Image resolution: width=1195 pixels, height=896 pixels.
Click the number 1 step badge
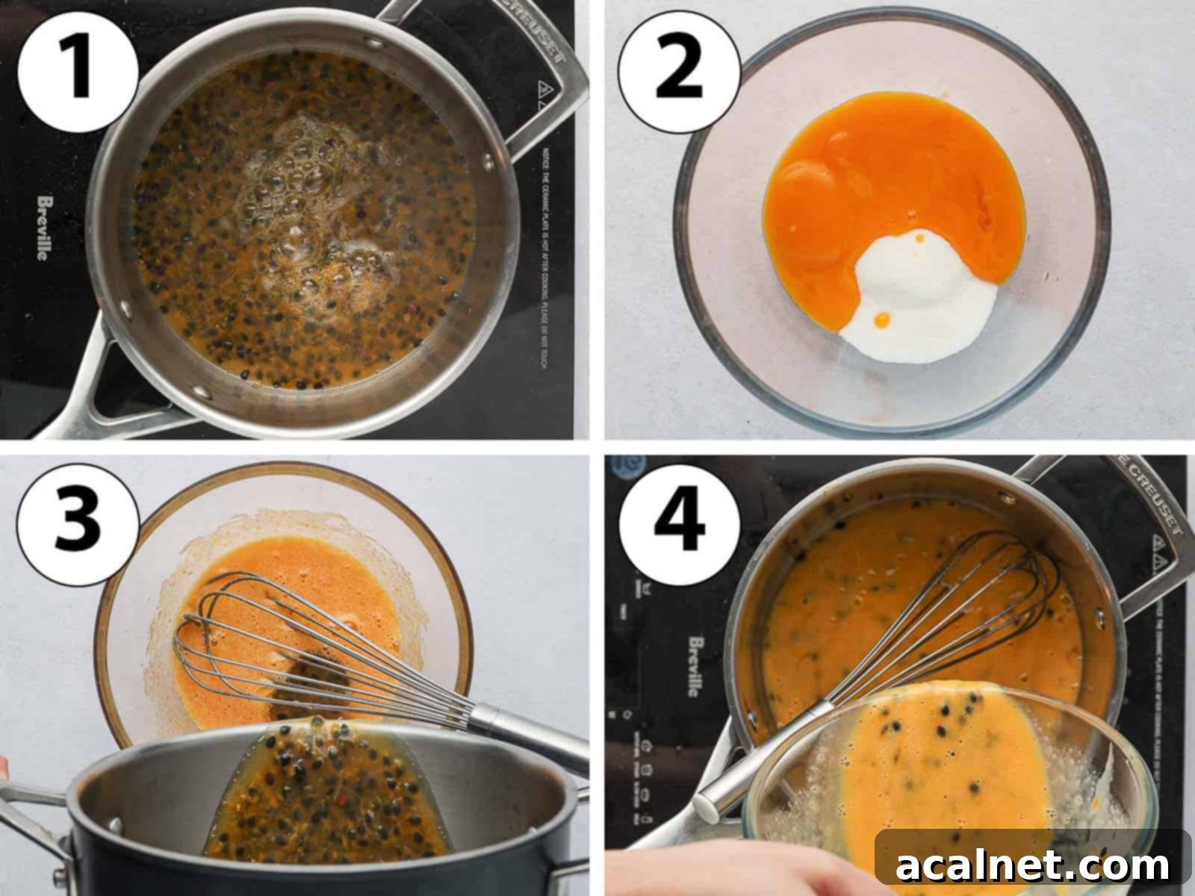click(x=78, y=72)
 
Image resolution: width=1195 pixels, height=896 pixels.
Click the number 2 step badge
click(x=679, y=72)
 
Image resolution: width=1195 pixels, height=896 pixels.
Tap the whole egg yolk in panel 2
click(x=810, y=187)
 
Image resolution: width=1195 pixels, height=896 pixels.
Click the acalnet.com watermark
click(x=1032, y=866)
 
